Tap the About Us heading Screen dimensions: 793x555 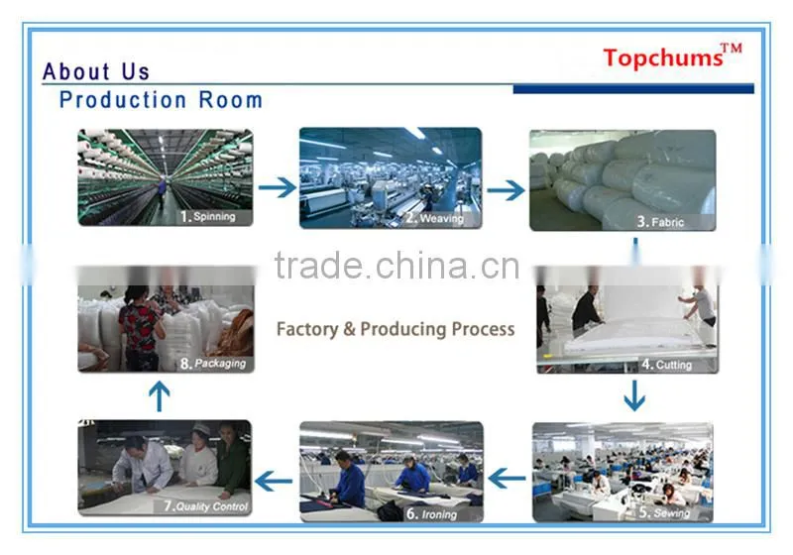point(96,71)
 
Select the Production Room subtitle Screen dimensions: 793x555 point(161,99)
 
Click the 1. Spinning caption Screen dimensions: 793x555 point(208,217)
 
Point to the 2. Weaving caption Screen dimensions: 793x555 point(434,218)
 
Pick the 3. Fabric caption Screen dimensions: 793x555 point(660,222)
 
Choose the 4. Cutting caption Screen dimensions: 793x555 point(666,365)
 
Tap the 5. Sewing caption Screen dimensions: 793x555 point(664,512)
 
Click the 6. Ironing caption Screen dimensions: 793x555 point(431,514)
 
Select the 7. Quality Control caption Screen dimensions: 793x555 point(206,506)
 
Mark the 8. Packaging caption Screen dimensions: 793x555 point(213,364)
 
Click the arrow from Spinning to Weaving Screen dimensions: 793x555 point(278,187)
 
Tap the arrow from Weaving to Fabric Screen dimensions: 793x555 point(506,190)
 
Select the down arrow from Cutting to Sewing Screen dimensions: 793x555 point(634,395)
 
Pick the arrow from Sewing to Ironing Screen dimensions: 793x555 point(508,478)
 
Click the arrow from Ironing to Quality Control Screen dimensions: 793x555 point(274,481)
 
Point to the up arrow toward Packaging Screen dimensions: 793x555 point(160,396)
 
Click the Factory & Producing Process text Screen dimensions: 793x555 point(396,329)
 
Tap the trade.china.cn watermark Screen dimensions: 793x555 point(397,266)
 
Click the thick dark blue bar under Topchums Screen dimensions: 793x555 point(633,89)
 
